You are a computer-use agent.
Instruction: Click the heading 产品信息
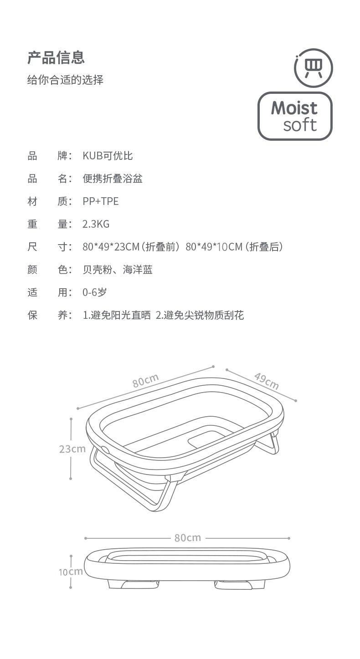click(x=56, y=57)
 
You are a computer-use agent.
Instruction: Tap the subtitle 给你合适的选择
click(x=65, y=80)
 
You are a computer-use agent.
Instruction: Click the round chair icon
click(x=314, y=68)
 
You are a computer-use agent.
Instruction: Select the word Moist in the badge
click(x=294, y=108)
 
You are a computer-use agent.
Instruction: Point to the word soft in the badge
click(x=300, y=125)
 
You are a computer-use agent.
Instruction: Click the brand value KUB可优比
click(x=108, y=156)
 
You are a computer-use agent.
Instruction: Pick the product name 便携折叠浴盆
click(x=113, y=178)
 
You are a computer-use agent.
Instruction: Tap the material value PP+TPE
click(x=101, y=201)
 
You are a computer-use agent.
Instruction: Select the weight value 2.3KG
click(x=96, y=224)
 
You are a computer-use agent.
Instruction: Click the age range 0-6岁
click(x=94, y=292)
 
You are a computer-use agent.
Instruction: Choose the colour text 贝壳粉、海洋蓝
click(x=118, y=270)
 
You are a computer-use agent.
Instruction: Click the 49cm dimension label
click(x=267, y=381)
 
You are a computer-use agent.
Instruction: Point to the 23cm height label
click(x=72, y=449)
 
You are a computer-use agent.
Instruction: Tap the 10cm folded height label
click(x=71, y=572)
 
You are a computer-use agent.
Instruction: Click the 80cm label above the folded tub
click(x=188, y=538)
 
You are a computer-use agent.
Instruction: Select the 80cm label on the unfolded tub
click(x=145, y=380)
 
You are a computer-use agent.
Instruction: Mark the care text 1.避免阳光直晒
click(x=117, y=315)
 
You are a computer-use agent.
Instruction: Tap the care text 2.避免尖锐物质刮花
click(x=200, y=315)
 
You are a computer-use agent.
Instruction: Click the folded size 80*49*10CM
click(x=214, y=247)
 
